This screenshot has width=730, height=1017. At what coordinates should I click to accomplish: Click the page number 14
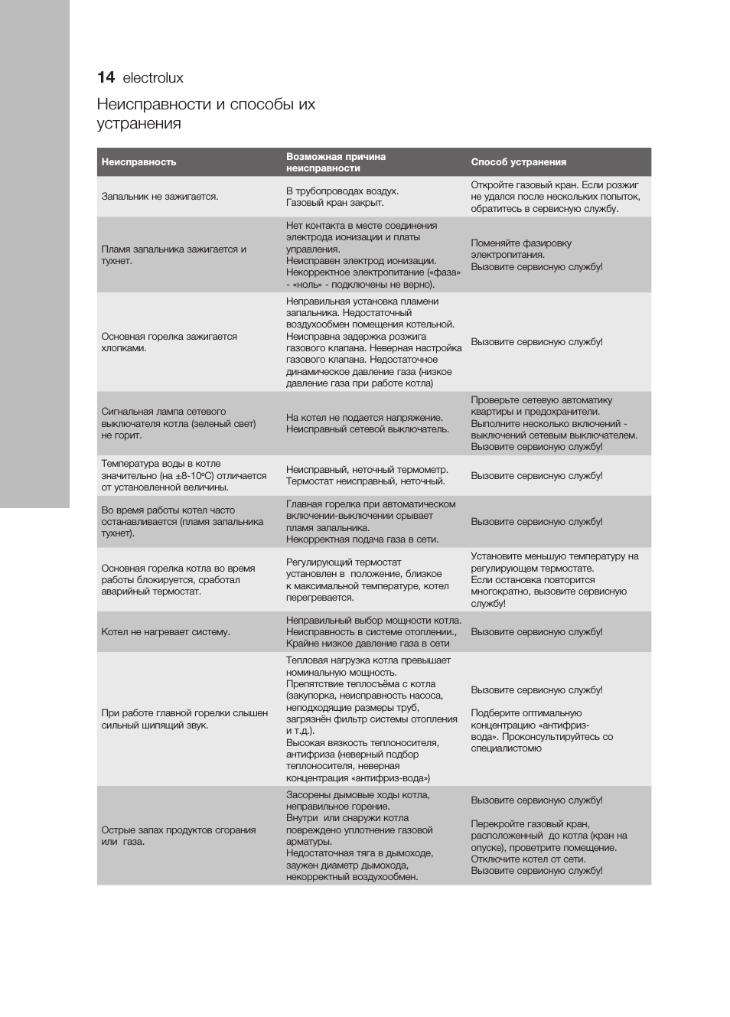106,77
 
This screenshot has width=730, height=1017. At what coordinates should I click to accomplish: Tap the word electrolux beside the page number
153,78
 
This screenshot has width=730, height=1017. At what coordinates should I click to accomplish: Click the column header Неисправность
139,162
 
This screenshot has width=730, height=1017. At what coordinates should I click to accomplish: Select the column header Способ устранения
518,162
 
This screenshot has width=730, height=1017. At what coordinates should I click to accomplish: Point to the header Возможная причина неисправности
336,162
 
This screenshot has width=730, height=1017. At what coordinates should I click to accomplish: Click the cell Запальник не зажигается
160,197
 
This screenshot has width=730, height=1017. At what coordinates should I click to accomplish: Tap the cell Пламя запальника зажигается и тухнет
174,255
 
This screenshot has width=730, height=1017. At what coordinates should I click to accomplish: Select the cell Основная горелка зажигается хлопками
169,342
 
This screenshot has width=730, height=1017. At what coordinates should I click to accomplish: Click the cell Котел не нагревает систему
165,632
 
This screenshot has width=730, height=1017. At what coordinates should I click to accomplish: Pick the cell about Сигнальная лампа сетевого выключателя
178,423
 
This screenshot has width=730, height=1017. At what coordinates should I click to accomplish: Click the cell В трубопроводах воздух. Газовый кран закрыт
342,197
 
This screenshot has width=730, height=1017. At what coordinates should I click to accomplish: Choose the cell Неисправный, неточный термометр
367,475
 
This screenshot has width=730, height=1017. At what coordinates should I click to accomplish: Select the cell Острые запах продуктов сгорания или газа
178,836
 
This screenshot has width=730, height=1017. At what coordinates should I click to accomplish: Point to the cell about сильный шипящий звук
184,719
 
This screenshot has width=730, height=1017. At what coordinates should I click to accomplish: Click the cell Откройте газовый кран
555,197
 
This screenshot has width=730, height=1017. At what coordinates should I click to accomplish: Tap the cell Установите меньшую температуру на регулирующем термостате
554,579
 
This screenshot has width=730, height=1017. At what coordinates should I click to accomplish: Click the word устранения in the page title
139,124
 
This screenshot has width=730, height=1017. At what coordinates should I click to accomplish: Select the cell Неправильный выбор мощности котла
373,632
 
